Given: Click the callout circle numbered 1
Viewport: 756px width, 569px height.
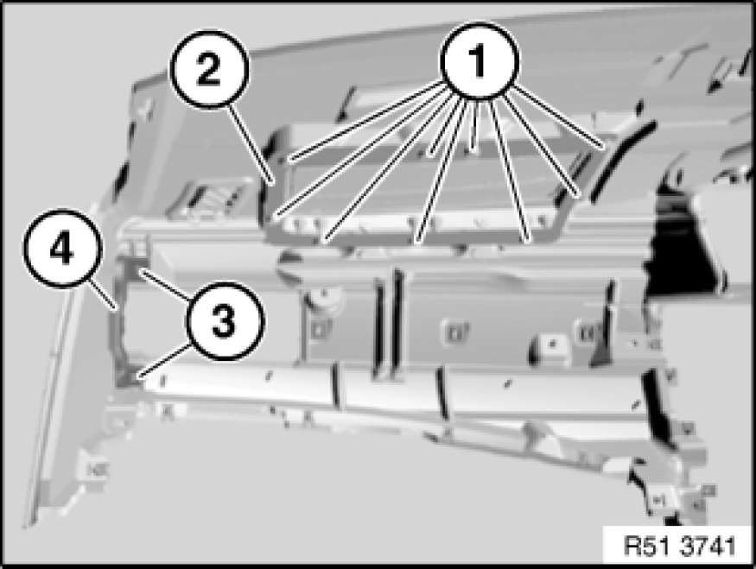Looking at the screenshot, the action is pos(479,62).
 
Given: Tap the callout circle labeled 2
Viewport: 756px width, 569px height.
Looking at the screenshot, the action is pos(208,70).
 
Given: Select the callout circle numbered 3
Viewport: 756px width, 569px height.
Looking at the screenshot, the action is pos(223,321).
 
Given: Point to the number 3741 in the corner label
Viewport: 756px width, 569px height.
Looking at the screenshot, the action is pos(709,547).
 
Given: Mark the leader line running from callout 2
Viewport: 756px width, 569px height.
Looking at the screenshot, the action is pos(251,145).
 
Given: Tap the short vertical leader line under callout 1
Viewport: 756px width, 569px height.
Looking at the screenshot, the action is pos(475,127).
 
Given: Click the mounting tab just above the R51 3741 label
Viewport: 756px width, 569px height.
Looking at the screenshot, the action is pos(659,501).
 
